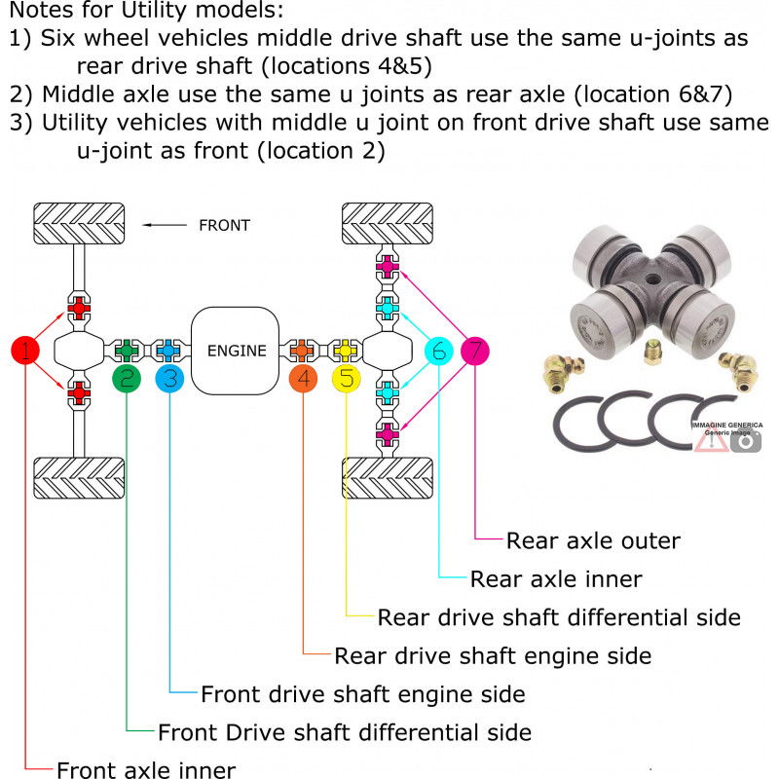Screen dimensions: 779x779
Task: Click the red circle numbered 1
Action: coord(25,350)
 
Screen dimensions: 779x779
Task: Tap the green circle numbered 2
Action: coord(127,379)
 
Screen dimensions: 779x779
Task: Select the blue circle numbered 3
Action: coord(169,379)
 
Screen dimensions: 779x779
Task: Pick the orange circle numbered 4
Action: coord(303,379)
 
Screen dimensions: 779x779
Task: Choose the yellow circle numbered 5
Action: coord(347,379)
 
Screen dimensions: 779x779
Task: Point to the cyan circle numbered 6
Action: coord(439,351)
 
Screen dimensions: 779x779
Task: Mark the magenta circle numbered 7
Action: coord(475,351)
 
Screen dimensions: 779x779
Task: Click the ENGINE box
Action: coord(236,351)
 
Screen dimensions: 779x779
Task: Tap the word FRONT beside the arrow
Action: coord(224,226)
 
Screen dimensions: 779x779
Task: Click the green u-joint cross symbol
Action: coord(127,351)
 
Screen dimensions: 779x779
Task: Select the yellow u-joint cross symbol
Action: coord(346,351)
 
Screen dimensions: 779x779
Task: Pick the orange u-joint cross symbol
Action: coord(302,351)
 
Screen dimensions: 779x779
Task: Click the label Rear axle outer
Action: coord(593,540)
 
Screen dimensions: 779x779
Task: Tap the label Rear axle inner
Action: coord(556,578)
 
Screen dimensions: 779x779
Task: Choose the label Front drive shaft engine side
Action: coord(363,694)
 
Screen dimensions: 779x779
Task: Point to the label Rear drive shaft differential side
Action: coord(559,617)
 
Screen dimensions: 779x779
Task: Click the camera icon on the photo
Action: coord(745,441)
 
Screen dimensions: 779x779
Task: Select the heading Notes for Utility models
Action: coord(147,10)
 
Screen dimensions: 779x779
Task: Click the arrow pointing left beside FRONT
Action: coord(165,225)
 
